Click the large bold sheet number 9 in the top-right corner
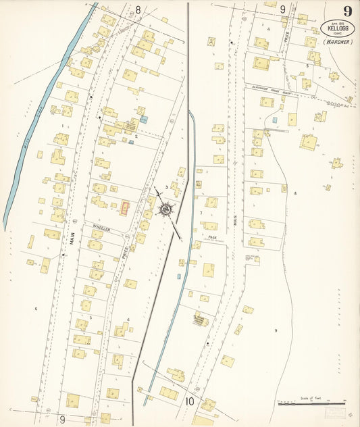347,11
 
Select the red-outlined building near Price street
125,208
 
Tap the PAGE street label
212,237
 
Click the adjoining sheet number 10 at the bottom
189,402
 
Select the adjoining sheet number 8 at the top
138,9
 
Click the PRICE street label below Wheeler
126,253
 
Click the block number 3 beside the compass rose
166,186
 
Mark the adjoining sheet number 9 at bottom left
62,419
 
